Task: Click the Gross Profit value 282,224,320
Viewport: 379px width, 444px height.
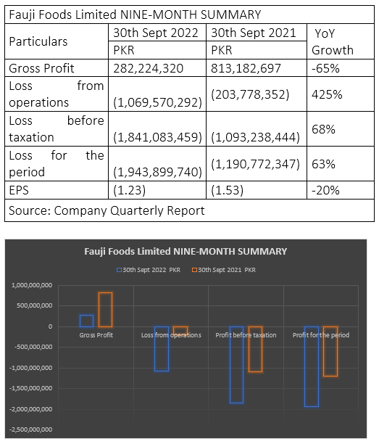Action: pos(149,68)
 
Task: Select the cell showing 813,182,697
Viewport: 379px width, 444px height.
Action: pos(246,68)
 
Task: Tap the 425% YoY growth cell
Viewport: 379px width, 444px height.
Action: pos(327,94)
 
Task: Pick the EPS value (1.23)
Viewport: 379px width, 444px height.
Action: pos(129,190)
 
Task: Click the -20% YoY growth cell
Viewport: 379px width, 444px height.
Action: pos(325,190)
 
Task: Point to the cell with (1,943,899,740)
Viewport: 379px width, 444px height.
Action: pos(157,172)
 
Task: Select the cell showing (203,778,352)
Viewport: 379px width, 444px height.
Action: pos(250,94)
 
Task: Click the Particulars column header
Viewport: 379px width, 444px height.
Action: pos(38,41)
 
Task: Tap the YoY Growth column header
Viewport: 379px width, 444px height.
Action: pos(333,41)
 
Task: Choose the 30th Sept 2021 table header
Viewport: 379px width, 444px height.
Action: pos(254,33)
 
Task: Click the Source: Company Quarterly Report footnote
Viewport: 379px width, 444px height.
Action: pos(107,210)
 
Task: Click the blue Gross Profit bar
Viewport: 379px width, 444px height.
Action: pos(86,321)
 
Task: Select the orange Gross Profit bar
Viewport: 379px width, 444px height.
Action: pos(105,310)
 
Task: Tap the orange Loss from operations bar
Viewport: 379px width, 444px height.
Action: pos(180,331)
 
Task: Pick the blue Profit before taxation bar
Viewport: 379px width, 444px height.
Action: pos(236,365)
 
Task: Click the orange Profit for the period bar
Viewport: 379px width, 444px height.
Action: pos(330,351)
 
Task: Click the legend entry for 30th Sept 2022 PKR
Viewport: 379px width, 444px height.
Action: pos(149,270)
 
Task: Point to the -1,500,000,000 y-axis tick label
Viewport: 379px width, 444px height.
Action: pos(31,388)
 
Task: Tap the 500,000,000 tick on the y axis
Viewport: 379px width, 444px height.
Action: pos(34,305)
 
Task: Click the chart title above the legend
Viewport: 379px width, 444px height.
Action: pos(186,252)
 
